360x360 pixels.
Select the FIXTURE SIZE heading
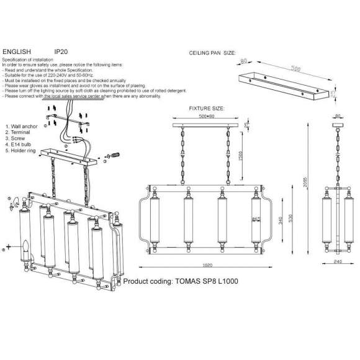207,108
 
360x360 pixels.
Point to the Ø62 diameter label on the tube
255,219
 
